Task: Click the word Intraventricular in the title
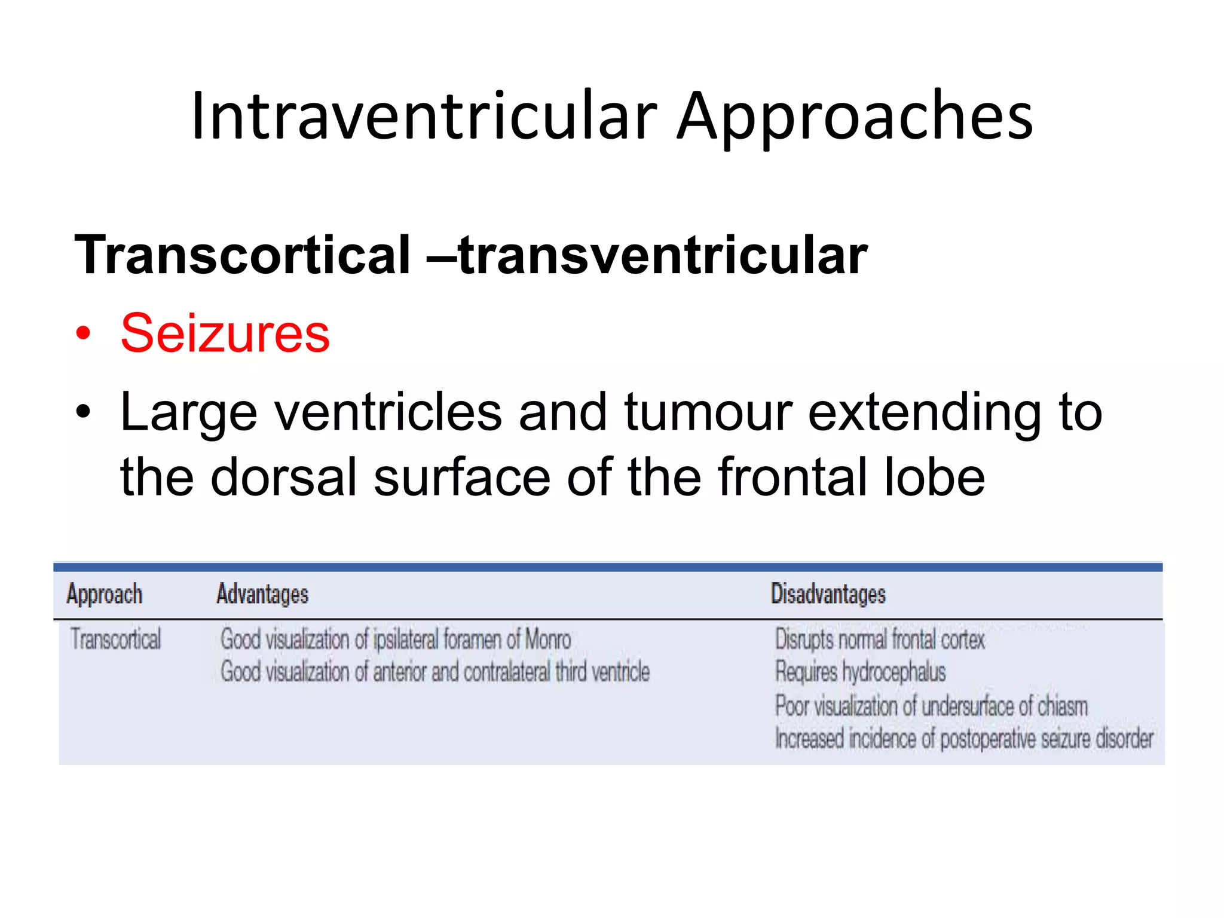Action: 423,116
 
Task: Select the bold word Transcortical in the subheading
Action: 242,255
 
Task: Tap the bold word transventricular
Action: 663,255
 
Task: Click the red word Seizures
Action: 225,333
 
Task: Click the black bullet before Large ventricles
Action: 84,412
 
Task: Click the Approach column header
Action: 105,594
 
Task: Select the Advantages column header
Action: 262,594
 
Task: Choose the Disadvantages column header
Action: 828,594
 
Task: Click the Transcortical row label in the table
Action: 115,639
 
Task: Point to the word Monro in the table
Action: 547,639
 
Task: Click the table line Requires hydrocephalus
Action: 860,672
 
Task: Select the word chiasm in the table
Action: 1062,706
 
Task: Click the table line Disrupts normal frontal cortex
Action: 879,639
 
